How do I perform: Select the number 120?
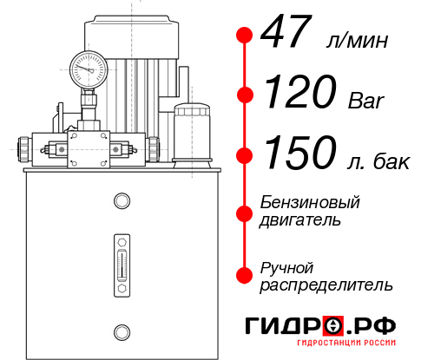click(x=300, y=92)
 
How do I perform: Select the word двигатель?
click(x=300, y=220)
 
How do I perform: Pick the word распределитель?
click(x=327, y=285)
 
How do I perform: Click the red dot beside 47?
click(x=244, y=36)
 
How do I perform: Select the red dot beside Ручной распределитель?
click(x=244, y=275)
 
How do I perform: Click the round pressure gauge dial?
click(x=88, y=67)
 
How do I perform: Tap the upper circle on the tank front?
click(x=121, y=202)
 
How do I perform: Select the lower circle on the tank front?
click(x=121, y=331)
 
